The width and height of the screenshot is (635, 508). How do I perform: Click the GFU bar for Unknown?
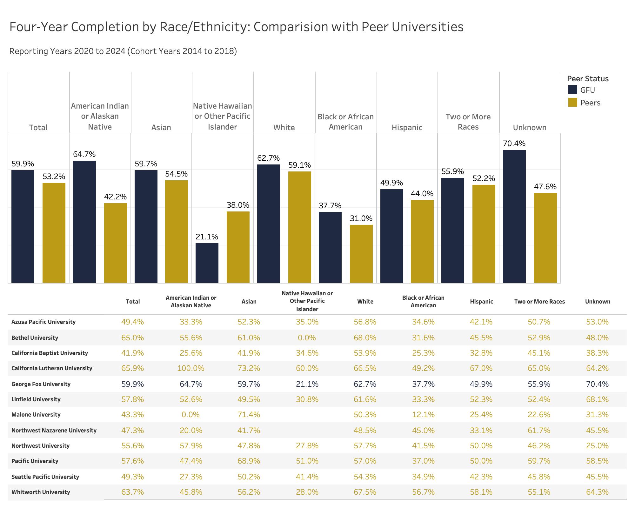[x=514, y=216]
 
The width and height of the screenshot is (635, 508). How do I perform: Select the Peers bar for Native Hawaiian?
[x=238, y=247]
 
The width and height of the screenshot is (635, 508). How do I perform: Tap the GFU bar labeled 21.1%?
[x=207, y=263]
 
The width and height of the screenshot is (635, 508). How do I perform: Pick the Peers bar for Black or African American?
[x=361, y=254]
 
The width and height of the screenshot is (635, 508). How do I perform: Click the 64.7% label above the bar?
[x=84, y=154]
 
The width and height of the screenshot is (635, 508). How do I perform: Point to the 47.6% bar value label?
[x=545, y=187]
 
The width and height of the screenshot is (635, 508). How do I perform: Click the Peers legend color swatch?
[x=572, y=103]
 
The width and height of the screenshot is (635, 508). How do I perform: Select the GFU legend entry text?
[x=588, y=90]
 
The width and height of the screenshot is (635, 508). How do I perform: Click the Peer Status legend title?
[x=588, y=79]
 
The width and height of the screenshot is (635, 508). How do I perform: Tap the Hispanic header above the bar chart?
[x=407, y=128]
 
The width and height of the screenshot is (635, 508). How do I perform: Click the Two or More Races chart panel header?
[x=468, y=122]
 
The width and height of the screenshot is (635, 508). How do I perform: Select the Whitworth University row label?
[x=41, y=492]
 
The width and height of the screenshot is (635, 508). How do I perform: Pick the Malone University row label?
[x=36, y=415]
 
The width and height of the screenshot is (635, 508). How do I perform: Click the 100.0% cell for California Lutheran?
[x=191, y=368]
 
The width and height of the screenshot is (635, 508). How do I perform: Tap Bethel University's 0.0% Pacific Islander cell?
[x=307, y=338]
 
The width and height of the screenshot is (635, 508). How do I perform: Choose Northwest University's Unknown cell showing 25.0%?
[x=597, y=446]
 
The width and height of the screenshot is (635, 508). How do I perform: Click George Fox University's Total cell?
[x=132, y=384]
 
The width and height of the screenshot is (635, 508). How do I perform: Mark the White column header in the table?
[x=365, y=302]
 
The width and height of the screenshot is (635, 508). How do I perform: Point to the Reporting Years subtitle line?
[x=123, y=51]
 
